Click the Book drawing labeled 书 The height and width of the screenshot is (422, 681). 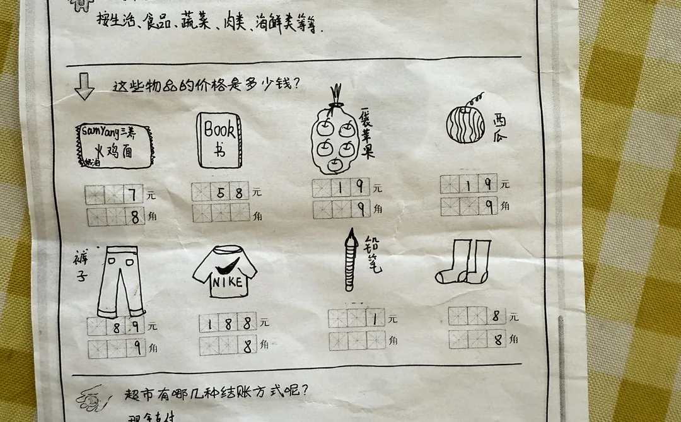(219, 141)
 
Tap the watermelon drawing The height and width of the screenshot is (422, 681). (465, 124)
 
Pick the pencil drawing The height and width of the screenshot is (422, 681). (351, 262)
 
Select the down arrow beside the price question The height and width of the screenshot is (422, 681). (84, 87)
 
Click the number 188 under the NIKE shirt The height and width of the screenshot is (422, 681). (228, 324)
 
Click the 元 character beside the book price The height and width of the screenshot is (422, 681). (257, 193)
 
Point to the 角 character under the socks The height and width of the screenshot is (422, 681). (514, 339)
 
